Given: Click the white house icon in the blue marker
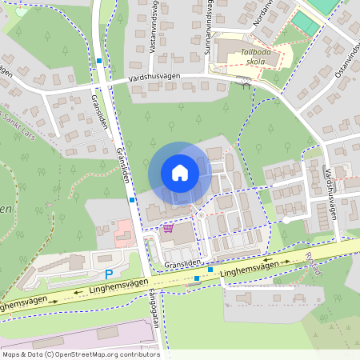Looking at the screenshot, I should (x=180, y=172).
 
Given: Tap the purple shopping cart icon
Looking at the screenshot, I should (x=168, y=228).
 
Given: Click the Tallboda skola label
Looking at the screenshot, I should (x=256, y=56).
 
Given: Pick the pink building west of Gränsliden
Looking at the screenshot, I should (x=122, y=237).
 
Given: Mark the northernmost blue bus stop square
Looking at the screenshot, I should (x=98, y=61).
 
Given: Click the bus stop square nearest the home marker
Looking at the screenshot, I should (x=131, y=201).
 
